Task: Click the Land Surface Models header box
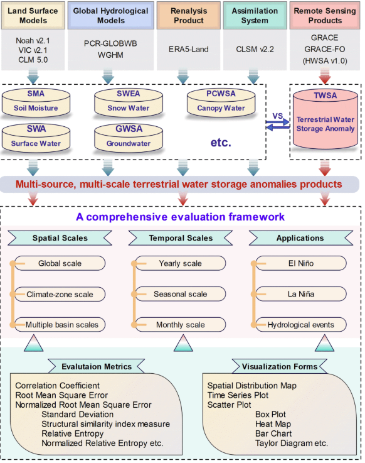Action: (x=33, y=15)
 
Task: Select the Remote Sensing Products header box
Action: (x=325, y=15)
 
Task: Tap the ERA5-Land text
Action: (x=188, y=49)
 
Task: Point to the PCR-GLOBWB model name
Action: (x=110, y=44)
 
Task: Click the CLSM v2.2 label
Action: (x=255, y=49)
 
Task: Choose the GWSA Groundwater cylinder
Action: (x=129, y=138)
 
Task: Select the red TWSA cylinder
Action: (x=325, y=119)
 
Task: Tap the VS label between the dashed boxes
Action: (x=277, y=116)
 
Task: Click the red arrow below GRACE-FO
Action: (x=325, y=77)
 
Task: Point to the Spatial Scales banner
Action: (x=60, y=238)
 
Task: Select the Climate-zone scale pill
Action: (x=60, y=294)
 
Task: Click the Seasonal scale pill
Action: (x=181, y=294)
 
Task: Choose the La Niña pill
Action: (x=301, y=294)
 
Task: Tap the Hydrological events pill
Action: (x=301, y=325)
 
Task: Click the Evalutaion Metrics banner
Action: (x=97, y=366)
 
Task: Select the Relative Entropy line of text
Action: (x=73, y=433)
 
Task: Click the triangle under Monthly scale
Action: (x=183, y=343)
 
